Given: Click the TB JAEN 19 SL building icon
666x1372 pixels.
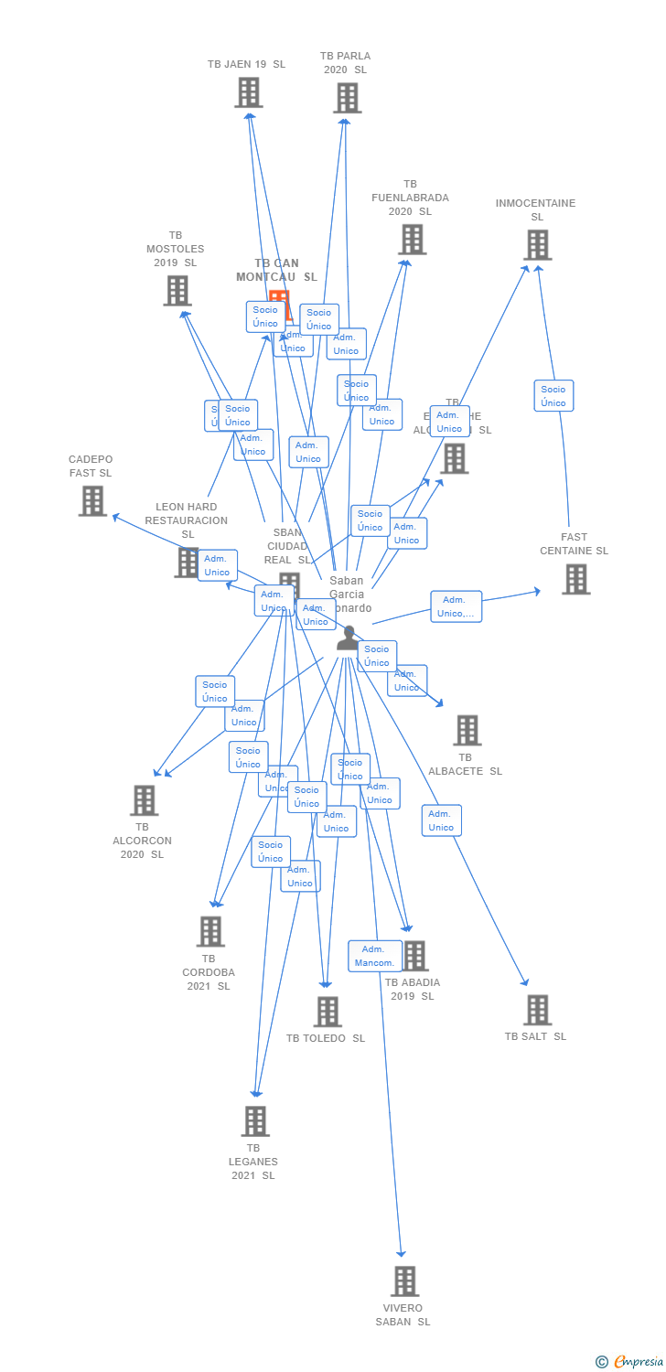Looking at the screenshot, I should click(248, 92).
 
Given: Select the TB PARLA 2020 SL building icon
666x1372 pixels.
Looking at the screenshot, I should click(347, 97).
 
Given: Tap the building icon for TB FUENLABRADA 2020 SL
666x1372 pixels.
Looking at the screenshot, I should click(412, 240).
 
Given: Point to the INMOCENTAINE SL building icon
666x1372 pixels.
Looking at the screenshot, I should click(537, 244).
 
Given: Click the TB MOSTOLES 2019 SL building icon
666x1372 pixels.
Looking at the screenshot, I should click(177, 290).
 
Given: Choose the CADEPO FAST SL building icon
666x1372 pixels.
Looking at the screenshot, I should click(92, 500).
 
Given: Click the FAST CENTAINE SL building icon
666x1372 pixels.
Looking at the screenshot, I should click(575, 579).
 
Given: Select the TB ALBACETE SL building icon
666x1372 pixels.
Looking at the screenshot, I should click(467, 730).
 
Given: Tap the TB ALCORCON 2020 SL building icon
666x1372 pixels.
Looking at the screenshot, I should click(144, 799).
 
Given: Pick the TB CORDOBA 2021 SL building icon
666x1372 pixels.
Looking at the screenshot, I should click(210, 931).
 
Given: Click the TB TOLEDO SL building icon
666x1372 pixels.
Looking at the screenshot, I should click(328, 1012).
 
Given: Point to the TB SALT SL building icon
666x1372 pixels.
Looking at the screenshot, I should click(537, 1010).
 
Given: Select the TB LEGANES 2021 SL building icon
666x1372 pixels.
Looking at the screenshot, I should click(254, 1120).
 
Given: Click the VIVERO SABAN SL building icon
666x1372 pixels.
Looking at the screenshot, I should click(404, 1281).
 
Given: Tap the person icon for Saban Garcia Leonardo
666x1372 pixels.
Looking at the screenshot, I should click(348, 638).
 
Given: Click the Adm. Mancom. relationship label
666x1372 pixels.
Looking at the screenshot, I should click(375, 956).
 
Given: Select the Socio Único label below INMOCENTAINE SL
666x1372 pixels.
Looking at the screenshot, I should click(553, 396).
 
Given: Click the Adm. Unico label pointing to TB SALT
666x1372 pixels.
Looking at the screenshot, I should click(441, 820).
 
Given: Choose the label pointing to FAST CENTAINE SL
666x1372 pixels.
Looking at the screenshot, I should click(456, 606).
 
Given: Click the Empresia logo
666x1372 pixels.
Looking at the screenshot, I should click(632, 1361).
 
